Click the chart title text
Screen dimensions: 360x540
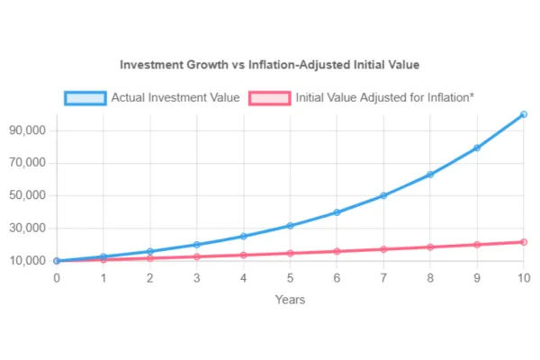point(270,66)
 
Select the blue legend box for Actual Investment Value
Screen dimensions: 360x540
point(85,97)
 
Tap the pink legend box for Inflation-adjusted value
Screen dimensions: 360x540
point(269,97)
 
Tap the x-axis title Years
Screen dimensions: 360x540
point(290,299)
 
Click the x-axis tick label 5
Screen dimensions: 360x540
point(290,278)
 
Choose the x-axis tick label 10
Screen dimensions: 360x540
point(523,278)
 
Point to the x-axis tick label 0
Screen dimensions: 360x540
point(57,278)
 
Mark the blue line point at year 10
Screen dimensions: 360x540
point(524,114)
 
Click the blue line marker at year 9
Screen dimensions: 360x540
point(477,148)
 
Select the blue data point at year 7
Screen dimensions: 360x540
point(383,195)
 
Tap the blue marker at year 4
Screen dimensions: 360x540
point(243,236)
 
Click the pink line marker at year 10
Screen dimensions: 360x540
point(524,242)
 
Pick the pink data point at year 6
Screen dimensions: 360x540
point(337,251)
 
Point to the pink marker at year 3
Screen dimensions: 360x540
point(196,256)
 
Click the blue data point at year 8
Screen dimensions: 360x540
point(430,174)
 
